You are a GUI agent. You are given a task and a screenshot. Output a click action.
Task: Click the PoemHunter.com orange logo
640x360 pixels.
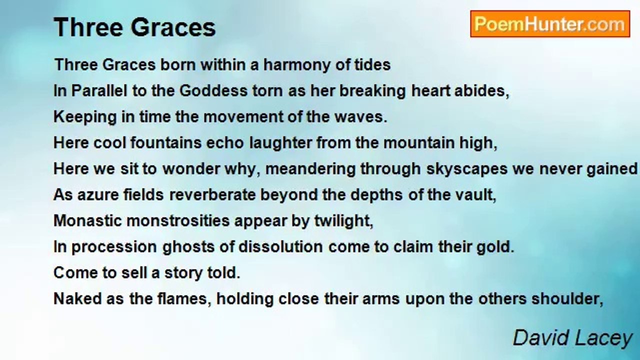pyautogui.click(x=550, y=24)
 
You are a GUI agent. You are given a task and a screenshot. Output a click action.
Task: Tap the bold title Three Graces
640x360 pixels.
pyautogui.click(x=134, y=27)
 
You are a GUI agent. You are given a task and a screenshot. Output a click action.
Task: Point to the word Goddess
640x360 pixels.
pyautogui.click(x=213, y=91)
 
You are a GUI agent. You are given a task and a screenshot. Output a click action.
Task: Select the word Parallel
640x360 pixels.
pyautogui.click(x=99, y=91)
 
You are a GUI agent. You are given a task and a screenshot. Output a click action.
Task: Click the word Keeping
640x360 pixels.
pyautogui.click(x=85, y=117)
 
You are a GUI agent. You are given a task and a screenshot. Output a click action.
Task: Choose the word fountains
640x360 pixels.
pyautogui.click(x=166, y=143)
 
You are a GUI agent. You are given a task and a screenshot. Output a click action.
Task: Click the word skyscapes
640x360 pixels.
pyautogui.click(x=467, y=169)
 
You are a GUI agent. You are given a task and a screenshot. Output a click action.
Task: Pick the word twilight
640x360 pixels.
pyautogui.click(x=343, y=221)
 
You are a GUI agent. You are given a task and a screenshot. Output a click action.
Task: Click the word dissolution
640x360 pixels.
pyautogui.click(x=280, y=247)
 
